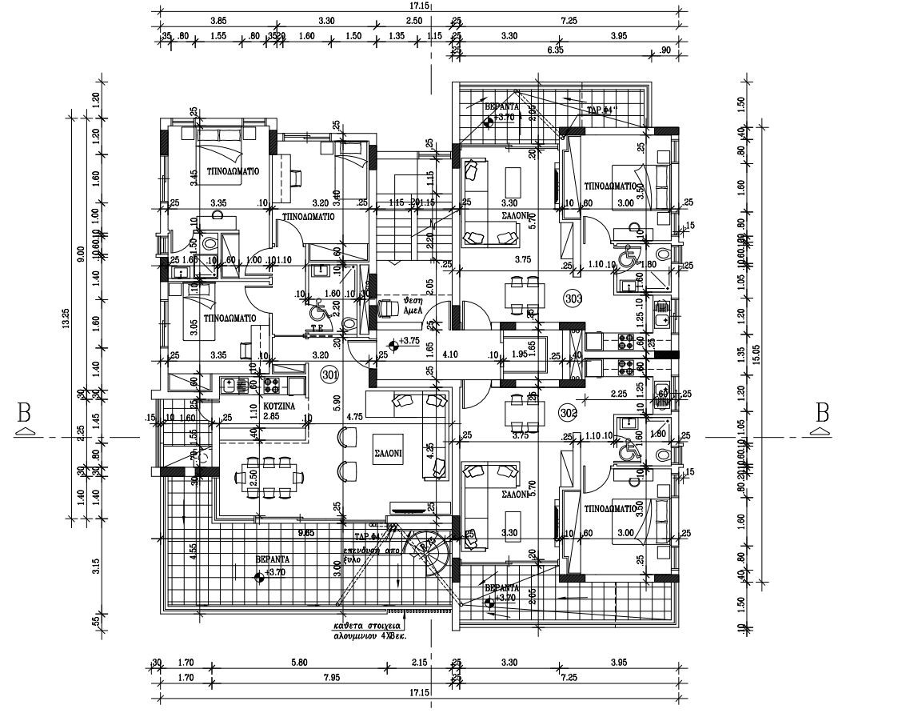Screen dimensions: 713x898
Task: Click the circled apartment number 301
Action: click(x=329, y=374)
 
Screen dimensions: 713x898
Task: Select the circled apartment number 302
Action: click(x=569, y=412)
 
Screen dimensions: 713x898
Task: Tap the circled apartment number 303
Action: click(x=573, y=298)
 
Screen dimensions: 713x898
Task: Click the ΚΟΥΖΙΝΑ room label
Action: click(x=280, y=407)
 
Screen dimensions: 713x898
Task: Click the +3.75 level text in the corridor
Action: click(x=409, y=341)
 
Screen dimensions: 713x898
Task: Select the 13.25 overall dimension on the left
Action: click(x=67, y=318)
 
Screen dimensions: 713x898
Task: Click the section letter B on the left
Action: click(x=25, y=414)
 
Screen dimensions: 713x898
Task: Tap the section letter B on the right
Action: click(x=821, y=414)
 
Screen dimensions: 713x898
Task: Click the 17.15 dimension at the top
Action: click(x=418, y=6)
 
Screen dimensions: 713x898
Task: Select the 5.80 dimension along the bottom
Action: click(x=299, y=662)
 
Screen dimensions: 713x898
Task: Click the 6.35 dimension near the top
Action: click(x=554, y=50)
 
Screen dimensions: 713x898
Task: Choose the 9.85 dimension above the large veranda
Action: click(x=305, y=531)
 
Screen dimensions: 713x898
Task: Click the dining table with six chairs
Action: click(x=269, y=478)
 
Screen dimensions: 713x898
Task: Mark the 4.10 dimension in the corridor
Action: click(x=449, y=353)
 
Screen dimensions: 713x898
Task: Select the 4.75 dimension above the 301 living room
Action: click(x=355, y=417)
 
